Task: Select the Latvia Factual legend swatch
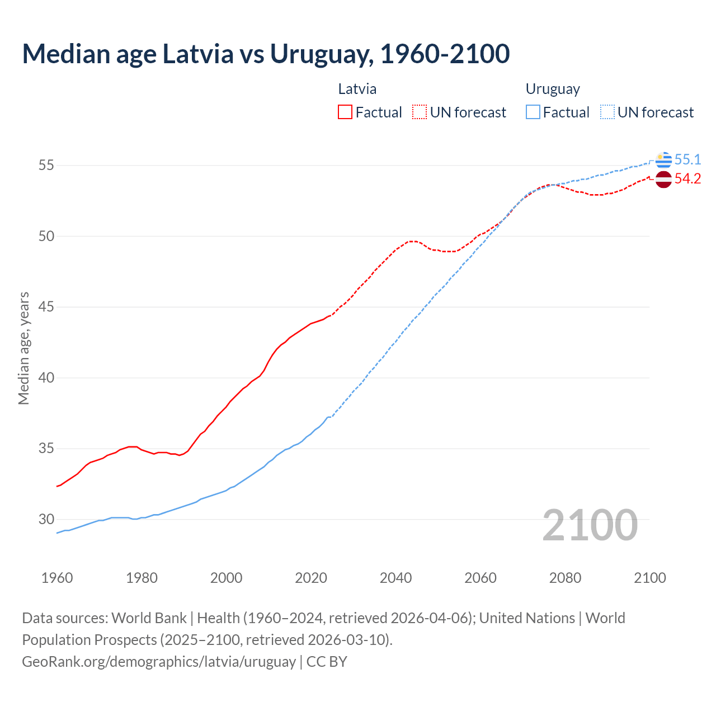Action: [x=345, y=112]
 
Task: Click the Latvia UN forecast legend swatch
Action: [x=420, y=112]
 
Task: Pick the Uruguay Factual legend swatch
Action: [x=533, y=112]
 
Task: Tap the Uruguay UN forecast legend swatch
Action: [x=607, y=112]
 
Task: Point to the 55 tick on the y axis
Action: [x=46, y=166]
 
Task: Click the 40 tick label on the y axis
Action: [x=46, y=378]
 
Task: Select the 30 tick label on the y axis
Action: [x=46, y=520]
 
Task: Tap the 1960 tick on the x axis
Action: [x=57, y=578]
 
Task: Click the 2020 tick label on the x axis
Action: [x=311, y=578]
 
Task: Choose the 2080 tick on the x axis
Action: [x=565, y=578]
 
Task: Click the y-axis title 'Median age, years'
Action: [x=23, y=348]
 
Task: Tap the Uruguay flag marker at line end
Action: [x=663, y=160]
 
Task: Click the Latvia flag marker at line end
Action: [x=663, y=180]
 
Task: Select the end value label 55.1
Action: [x=687, y=160]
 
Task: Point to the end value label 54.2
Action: [x=687, y=179]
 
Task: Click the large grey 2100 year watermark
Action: [x=590, y=525]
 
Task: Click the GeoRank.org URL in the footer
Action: [x=159, y=662]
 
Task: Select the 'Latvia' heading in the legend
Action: [x=357, y=89]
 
